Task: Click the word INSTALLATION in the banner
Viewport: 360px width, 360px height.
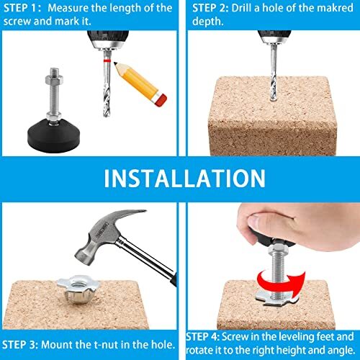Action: pos(179,177)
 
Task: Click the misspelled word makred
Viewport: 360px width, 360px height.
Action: pos(324,9)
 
